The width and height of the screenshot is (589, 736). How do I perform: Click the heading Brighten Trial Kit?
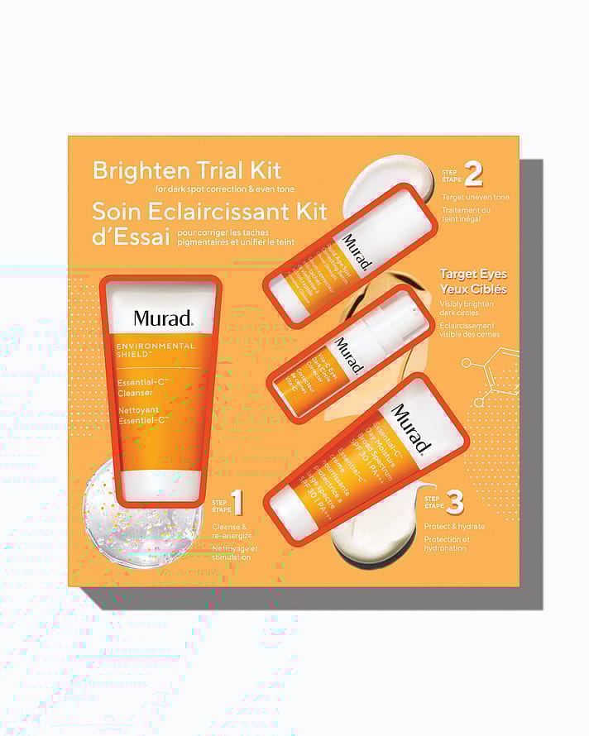click(x=187, y=170)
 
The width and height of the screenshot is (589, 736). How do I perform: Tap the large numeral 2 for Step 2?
click(x=473, y=174)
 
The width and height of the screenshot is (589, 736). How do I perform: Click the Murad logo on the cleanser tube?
click(x=163, y=318)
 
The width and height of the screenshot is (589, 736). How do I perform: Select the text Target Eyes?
click(x=473, y=274)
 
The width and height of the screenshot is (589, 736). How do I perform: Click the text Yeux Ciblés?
click(x=473, y=289)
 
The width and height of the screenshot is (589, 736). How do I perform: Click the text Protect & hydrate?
click(x=454, y=526)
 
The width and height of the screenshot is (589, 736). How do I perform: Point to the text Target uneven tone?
click(x=476, y=197)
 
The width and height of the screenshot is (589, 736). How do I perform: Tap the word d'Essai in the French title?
click(x=132, y=237)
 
